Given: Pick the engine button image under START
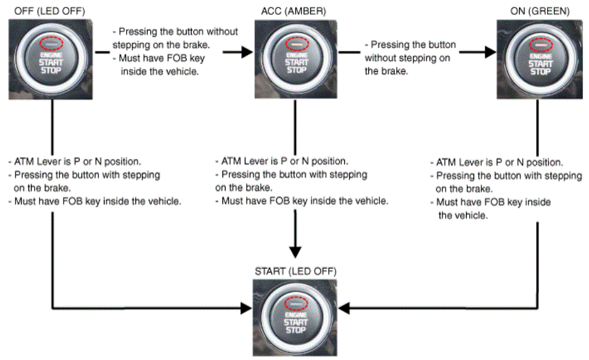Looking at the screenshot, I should pyautogui.click(x=296, y=316).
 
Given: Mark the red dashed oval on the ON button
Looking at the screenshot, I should pyautogui.click(x=540, y=45).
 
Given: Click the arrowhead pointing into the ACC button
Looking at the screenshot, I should pyautogui.click(x=245, y=53).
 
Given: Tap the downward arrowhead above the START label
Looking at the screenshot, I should pyautogui.click(x=296, y=251).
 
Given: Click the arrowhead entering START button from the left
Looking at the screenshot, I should pyautogui.click(x=245, y=307).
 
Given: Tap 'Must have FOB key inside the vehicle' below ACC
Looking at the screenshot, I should pyautogui.click(x=302, y=201).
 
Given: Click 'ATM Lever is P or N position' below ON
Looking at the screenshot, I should pyautogui.click(x=499, y=163).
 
